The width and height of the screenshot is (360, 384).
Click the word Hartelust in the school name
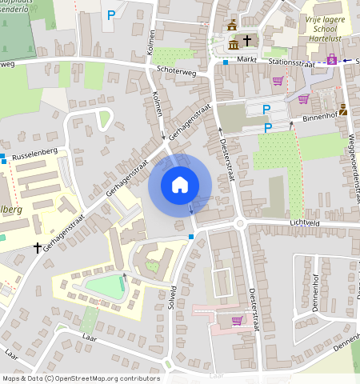coord(331,37)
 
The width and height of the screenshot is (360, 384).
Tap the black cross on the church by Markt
coord(247,39)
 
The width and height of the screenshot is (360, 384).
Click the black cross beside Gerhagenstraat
coord(37,249)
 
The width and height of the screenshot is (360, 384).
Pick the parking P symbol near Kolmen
coord(111,14)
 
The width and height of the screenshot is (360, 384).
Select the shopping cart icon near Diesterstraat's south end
coord(236,321)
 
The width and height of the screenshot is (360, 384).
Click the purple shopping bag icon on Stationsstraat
coord(330,59)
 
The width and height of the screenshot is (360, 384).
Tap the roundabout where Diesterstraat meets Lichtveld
coord(240,224)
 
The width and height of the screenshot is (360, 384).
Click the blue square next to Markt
coord(226,62)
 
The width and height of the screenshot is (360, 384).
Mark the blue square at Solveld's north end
coord(190,237)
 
